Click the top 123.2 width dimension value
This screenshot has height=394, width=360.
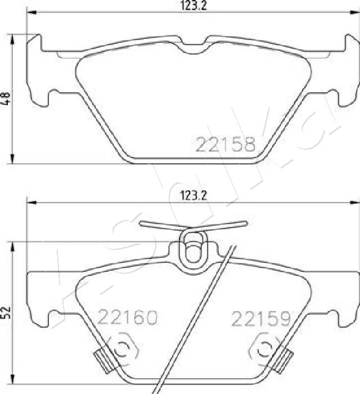click(193, 6)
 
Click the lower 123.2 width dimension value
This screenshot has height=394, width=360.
click(193, 195)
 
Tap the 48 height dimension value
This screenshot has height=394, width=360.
click(6, 98)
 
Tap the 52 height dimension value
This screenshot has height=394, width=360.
click(6, 312)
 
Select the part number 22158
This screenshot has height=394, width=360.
click(226, 145)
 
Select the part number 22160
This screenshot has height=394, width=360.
click(128, 317)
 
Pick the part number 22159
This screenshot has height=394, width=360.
click(261, 319)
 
